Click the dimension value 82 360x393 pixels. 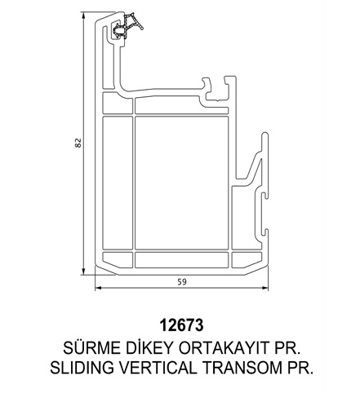pyautogui.click(x=78, y=143)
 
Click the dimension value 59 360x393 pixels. pyautogui.click(x=182, y=282)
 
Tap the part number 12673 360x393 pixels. pyautogui.click(x=181, y=325)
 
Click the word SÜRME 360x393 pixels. pyautogui.click(x=91, y=347)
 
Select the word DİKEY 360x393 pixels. pyautogui.click(x=149, y=347)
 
